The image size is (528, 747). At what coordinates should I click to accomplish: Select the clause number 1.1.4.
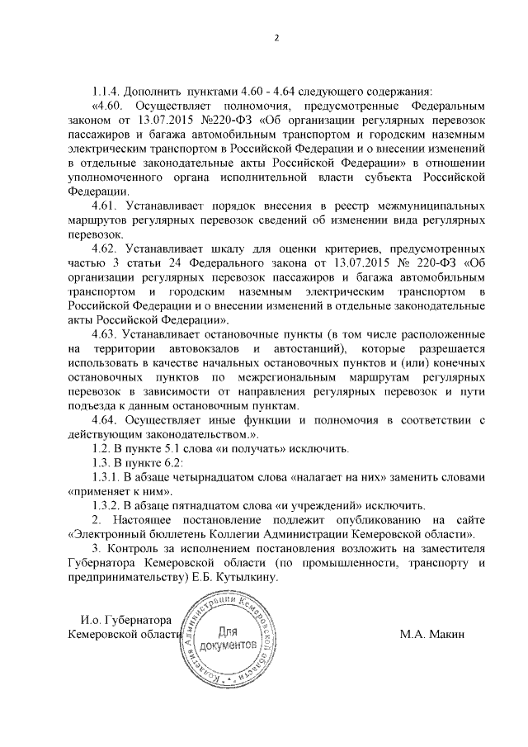107,92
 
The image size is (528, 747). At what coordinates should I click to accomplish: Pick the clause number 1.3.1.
107,477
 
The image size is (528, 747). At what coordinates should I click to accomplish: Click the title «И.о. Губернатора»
125,620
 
